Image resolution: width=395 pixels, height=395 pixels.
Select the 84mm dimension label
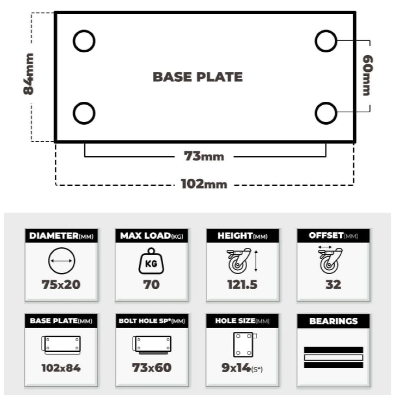point(28,74)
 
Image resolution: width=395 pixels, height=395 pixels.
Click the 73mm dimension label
point(204,156)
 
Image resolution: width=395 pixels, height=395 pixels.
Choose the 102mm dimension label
point(204,184)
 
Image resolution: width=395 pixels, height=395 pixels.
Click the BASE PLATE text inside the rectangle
point(198,77)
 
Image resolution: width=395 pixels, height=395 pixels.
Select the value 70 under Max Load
point(151,284)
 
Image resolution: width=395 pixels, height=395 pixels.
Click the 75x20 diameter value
point(61,284)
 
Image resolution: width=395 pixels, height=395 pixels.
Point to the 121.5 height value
point(242,284)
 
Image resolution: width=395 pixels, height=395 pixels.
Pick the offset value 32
point(333,284)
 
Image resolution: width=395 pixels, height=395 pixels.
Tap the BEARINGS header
point(333,321)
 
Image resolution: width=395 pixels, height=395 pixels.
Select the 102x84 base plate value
point(61,368)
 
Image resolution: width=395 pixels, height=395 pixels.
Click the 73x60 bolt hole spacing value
point(152,368)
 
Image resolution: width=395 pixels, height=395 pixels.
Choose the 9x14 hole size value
point(236,368)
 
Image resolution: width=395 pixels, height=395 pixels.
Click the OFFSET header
point(326,235)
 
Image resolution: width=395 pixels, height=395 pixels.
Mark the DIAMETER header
point(54,236)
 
